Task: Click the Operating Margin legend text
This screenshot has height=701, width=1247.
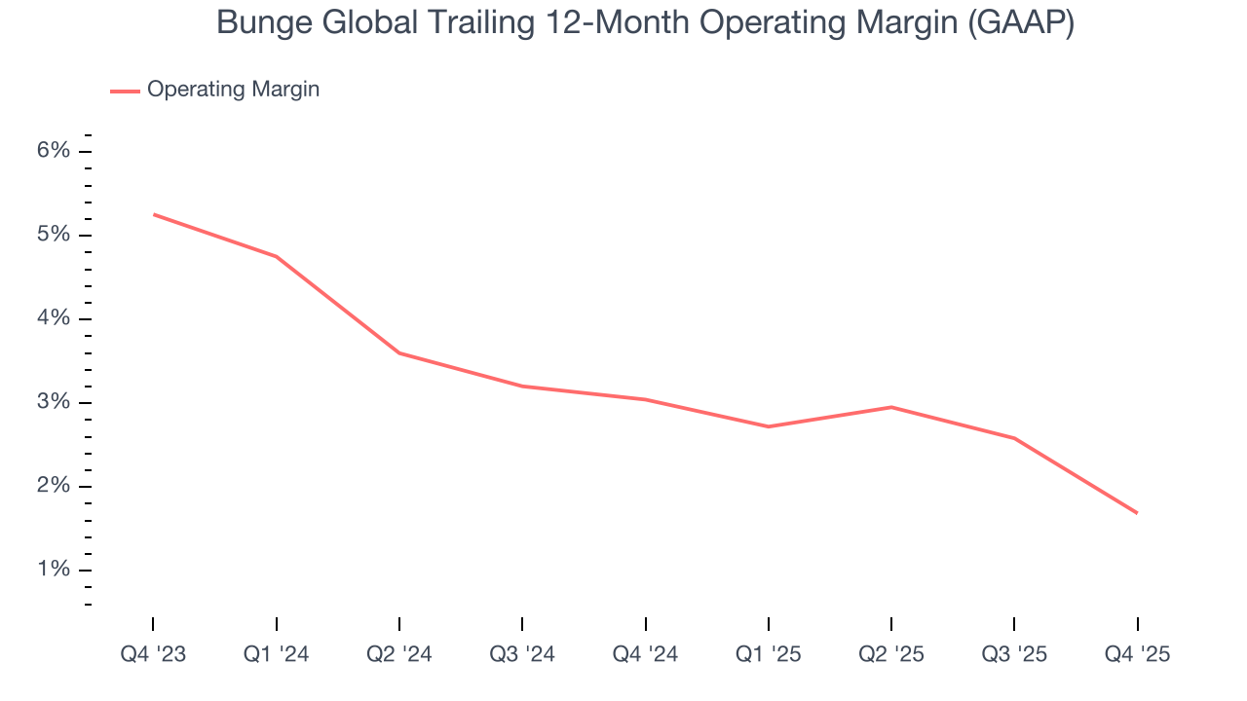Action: [233, 90]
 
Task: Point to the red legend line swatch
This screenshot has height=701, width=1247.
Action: [125, 91]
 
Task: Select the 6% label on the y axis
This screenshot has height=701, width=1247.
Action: [55, 151]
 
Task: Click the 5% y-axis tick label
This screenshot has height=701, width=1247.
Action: [55, 235]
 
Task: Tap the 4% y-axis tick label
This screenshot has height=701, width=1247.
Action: [55, 318]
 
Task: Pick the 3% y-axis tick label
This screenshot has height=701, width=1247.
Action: [55, 402]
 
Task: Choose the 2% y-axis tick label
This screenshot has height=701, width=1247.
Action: [55, 486]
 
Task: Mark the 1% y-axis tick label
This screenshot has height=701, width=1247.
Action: [55, 570]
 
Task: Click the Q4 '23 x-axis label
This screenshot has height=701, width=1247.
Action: [153, 654]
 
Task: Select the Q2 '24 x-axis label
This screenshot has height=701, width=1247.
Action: [399, 654]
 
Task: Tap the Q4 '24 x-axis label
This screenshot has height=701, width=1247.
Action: [645, 654]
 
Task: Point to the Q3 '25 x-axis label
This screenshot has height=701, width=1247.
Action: [1014, 654]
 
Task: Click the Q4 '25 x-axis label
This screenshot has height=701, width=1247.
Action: [1137, 654]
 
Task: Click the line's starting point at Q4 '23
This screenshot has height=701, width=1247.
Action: [154, 214]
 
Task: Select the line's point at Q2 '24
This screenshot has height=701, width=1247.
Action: [399, 352]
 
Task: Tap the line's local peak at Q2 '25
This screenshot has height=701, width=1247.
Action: [891, 407]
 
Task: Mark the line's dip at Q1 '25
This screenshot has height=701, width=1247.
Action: [769, 426]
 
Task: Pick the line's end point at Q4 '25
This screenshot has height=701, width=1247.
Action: [1137, 513]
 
